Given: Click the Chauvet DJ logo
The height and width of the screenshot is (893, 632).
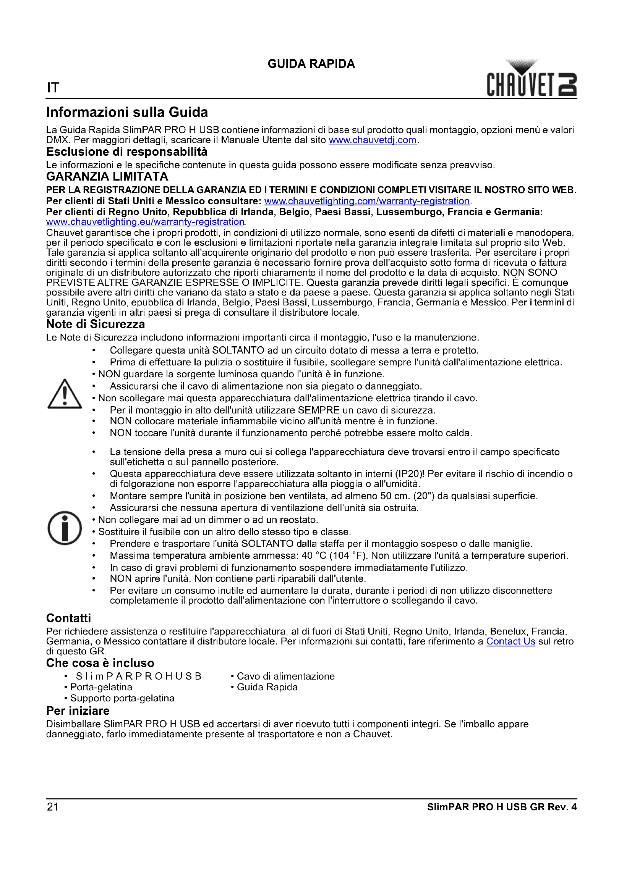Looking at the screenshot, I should click(532, 79).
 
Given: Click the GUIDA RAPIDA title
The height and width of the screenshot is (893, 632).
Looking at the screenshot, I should click(311, 64).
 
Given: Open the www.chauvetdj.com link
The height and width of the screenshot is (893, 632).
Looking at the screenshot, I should click(373, 140).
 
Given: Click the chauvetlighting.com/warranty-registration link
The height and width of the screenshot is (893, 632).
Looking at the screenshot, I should click(367, 201).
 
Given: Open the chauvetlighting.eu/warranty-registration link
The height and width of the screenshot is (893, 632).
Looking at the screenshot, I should click(145, 222).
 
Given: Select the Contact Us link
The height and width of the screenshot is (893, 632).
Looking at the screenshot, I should click(510, 641).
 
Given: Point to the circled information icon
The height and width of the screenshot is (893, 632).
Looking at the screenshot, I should click(65, 528).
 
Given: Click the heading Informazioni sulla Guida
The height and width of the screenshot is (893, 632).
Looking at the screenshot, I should click(127, 112).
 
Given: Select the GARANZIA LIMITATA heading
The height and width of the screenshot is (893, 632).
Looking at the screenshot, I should click(107, 177).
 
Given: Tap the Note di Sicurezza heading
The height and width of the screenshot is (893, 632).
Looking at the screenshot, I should click(96, 324).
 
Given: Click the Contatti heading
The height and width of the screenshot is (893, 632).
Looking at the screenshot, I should click(68, 618).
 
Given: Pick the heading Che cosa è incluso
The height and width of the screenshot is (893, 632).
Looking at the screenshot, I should click(100, 663).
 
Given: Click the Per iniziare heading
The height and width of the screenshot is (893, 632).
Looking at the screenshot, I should click(78, 711).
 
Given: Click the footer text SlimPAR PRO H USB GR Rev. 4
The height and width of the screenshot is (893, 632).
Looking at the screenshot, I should click(502, 807).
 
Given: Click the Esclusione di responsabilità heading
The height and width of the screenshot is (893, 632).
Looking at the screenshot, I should click(127, 152).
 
